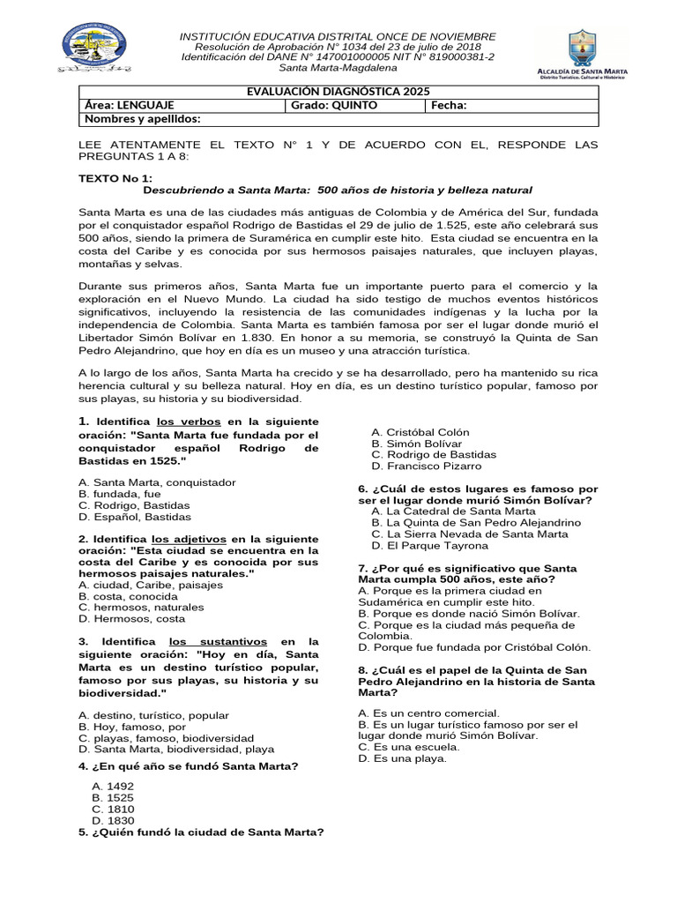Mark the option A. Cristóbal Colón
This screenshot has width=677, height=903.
(420, 432)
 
